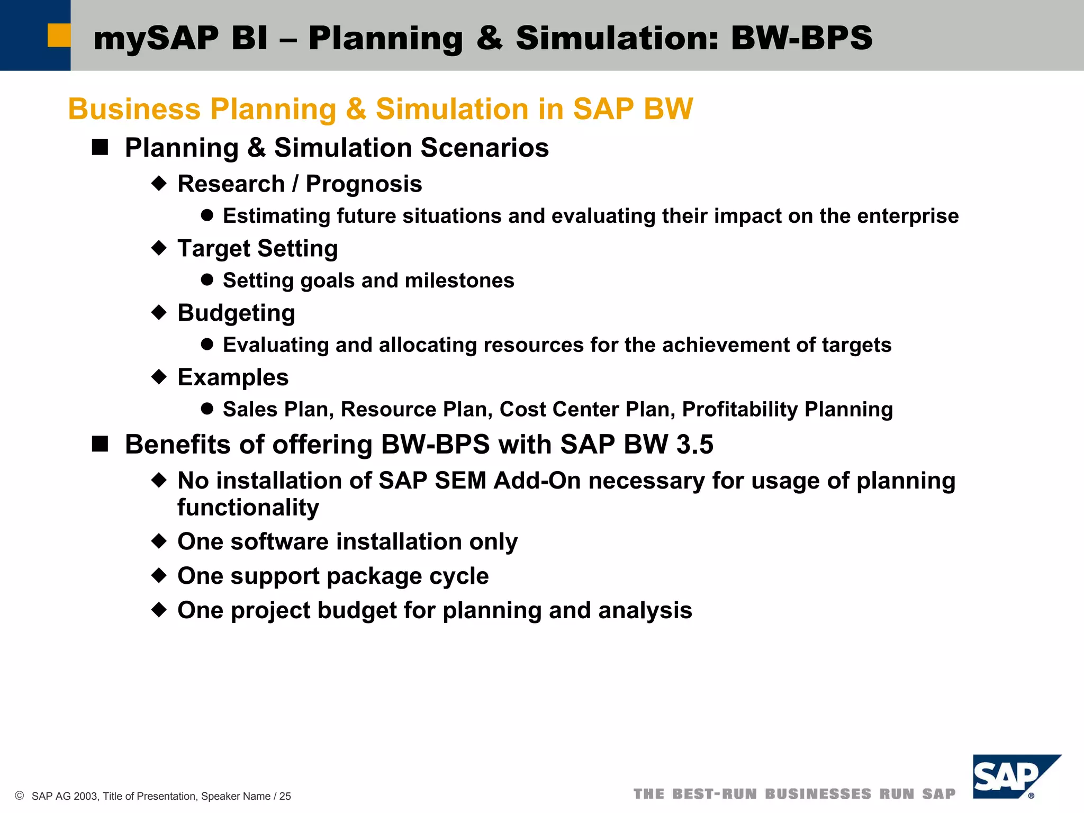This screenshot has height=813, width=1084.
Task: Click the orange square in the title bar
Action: click(59, 35)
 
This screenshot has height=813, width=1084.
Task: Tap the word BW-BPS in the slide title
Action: click(801, 38)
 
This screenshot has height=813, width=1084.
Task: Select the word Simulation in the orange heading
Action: click(452, 109)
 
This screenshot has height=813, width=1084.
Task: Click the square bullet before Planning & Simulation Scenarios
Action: click(100, 147)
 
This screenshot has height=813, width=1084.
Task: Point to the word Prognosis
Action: click(364, 184)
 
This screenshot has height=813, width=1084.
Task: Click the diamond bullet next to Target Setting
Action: click(159, 248)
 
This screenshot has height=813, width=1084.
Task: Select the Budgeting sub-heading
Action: click(236, 313)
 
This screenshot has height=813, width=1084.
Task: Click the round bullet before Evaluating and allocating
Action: click(207, 345)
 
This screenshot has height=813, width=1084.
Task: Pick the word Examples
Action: click(233, 377)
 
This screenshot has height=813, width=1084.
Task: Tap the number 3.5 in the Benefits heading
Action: click(694, 445)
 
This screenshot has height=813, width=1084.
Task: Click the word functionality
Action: click(248, 507)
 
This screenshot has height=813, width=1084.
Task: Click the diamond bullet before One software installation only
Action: click(159, 541)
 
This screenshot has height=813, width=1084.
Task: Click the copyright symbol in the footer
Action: click(20, 796)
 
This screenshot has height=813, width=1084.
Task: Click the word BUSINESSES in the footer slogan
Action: click(818, 794)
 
